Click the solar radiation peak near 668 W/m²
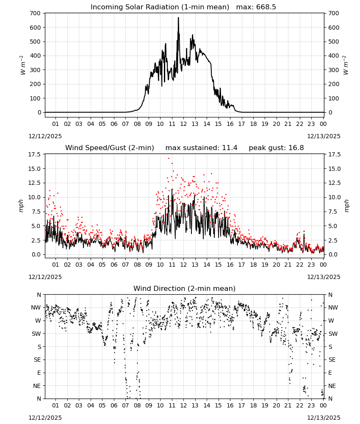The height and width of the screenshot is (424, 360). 178,17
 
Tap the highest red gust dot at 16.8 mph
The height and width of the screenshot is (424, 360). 169,158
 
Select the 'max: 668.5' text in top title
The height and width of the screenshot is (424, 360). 256,7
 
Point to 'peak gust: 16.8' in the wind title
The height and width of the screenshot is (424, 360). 276,148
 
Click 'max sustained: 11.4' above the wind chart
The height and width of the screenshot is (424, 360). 201,148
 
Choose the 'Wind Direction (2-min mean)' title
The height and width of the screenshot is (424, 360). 185,288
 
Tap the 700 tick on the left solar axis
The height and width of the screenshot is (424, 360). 36,13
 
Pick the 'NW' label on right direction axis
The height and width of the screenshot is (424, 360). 333,307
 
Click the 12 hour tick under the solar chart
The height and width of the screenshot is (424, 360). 183,124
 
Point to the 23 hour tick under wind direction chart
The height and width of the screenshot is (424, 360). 311,405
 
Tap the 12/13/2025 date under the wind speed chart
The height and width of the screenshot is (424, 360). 324,277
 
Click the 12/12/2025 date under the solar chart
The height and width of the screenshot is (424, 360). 45,136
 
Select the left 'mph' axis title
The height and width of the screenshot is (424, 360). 21,206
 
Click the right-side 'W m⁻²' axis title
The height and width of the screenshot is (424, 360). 346,65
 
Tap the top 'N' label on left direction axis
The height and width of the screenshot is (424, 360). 39,295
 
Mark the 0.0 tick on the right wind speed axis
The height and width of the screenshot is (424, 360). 333,254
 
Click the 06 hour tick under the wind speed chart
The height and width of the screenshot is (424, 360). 114,265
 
